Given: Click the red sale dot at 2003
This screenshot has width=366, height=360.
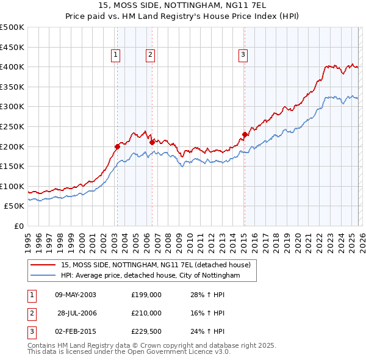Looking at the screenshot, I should tap(117, 146).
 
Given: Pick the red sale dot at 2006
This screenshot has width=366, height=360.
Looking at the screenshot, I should tap(152, 142).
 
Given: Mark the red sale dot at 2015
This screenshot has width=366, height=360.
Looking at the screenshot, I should tap(245, 134).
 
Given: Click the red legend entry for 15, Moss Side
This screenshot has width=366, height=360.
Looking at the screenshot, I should tap(156, 265).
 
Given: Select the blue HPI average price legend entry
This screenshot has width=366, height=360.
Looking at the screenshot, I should tap(150, 276).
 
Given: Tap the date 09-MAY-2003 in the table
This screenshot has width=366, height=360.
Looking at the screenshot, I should tap(76, 295).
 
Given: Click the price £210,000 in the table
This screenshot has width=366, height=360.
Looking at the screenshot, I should tap(146, 313).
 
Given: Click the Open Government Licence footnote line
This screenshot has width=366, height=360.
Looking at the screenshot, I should tap(129, 352).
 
